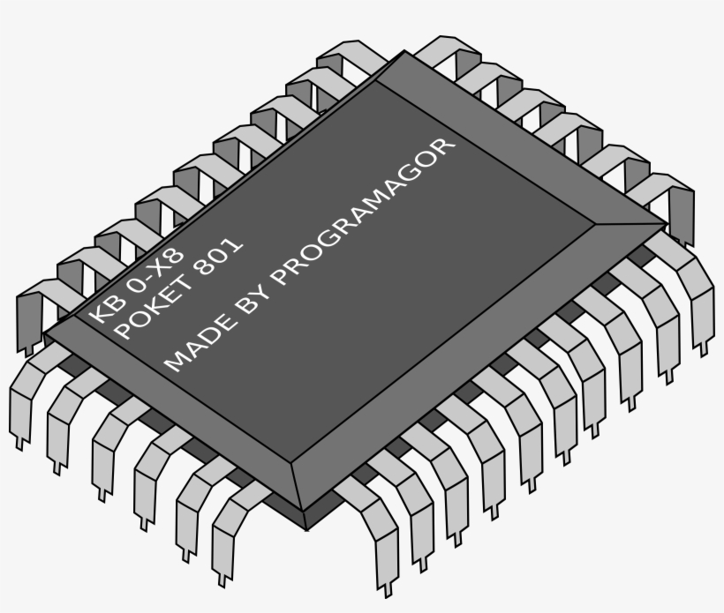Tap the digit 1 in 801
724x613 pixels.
235,245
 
